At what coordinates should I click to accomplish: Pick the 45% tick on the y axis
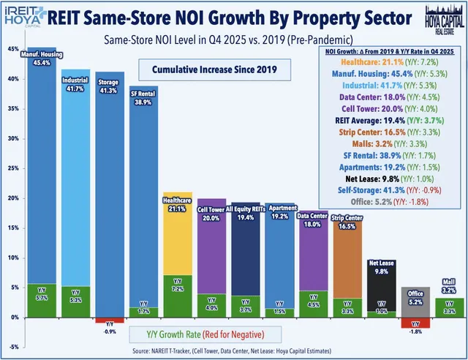[x=13, y=49]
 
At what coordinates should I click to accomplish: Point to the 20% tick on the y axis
[x=13, y=198]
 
